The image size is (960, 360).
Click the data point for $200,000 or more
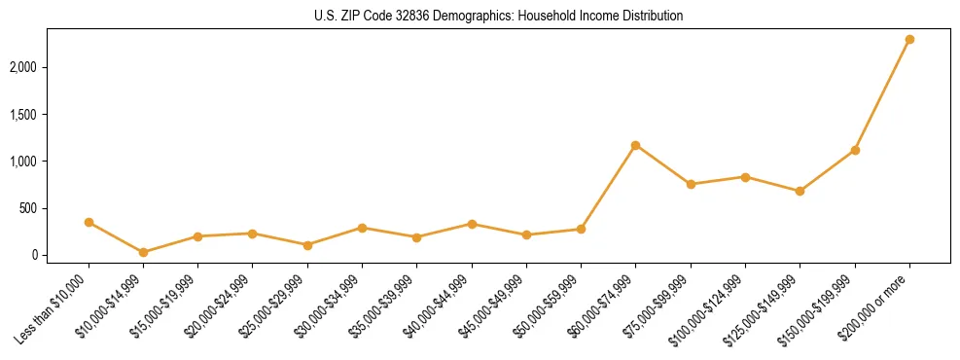[909, 39]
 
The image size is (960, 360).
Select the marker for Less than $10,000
[89, 222]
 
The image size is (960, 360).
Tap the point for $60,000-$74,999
[635, 145]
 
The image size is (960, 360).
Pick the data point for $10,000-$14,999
[143, 252]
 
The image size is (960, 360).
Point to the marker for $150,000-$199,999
[855, 150]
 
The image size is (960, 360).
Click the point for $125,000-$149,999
[800, 191]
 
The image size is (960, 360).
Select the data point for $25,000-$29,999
[307, 245]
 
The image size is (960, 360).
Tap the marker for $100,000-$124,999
[745, 177]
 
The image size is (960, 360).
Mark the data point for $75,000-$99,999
[691, 184]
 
